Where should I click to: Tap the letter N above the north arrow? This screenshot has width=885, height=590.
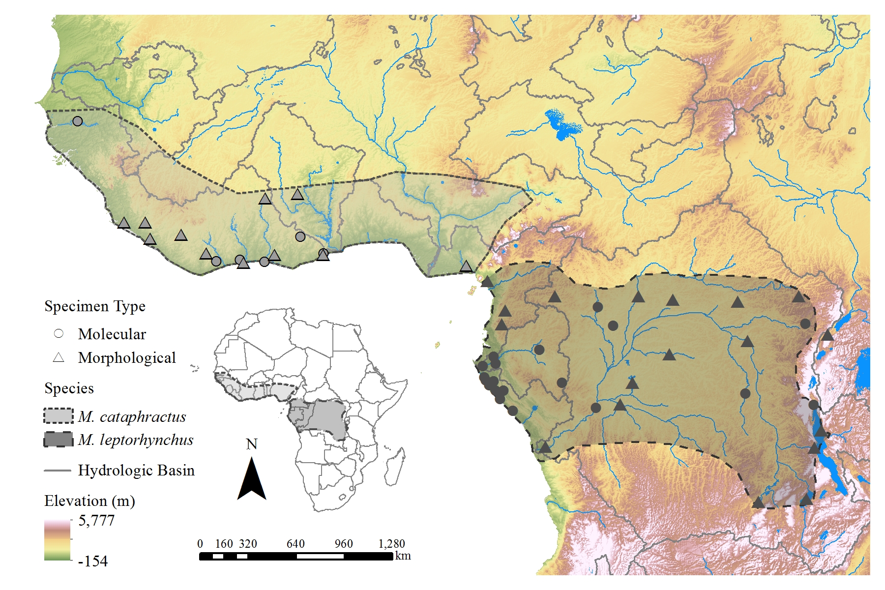(x=252, y=444)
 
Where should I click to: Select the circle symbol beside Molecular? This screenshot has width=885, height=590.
(x=59, y=333)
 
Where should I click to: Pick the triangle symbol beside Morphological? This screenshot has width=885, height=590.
(x=59, y=357)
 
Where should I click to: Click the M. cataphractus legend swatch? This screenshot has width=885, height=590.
(x=59, y=416)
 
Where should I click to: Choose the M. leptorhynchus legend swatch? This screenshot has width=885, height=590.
(x=59, y=439)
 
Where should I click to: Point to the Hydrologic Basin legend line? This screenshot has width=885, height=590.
(x=58, y=471)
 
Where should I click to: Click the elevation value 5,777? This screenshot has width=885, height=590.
(x=96, y=520)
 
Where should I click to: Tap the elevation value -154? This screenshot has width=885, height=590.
(x=93, y=561)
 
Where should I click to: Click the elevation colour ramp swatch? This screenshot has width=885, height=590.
(x=58, y=540)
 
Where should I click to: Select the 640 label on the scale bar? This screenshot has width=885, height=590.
(x=295, y=544)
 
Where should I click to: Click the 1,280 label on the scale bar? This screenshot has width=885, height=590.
(x=392, y=544)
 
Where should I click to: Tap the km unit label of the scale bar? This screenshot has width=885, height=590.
(x=403, y=556)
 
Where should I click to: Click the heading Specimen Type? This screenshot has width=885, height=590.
(x=95, y=306)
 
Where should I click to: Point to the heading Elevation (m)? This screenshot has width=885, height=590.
(x=89, y=501)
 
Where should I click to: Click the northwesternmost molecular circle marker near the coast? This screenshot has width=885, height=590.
(x=77, y=121)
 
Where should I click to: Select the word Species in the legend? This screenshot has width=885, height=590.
(x=69, y=388)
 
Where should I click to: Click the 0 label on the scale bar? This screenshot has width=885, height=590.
(x=200, y=544)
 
